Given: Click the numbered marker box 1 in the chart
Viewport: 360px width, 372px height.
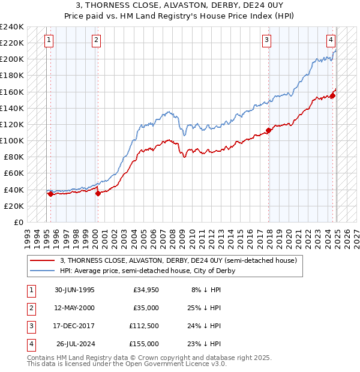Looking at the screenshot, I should coord(49,40).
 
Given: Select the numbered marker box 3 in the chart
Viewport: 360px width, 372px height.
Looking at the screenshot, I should coord(267,40).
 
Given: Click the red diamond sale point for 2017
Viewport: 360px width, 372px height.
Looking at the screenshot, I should coord(269,130).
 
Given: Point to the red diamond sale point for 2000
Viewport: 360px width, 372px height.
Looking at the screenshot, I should coord(98,193).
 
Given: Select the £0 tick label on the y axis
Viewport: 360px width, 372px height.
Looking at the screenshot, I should coord(18,222).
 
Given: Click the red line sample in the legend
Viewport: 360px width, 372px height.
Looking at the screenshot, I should coord(42,261).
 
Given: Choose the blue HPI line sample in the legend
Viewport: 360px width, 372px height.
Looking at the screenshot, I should coord(42,271).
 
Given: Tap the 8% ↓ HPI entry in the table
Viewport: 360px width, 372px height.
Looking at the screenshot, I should coord(206,290).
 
